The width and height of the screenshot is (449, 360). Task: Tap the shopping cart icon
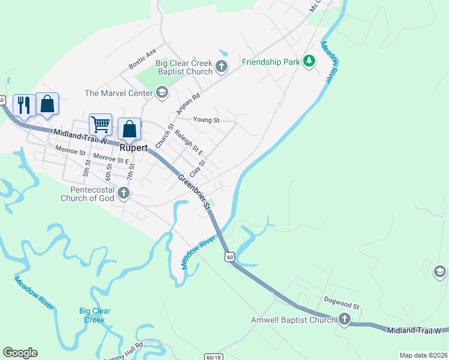pos(100,125)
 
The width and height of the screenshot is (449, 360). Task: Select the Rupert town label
pos(133,147)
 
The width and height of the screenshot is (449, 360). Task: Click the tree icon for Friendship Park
pos(309,61)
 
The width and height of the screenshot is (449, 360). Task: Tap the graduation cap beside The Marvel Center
pos(161,92)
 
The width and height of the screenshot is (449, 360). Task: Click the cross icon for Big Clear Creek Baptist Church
pos(221,67)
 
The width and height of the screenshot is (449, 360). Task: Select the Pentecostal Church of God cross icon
pos(124,193)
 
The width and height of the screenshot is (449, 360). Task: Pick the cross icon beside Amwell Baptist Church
pos(345,320)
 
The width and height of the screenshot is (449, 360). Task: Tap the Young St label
pos(206,120)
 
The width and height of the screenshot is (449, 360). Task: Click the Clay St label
pos(197,169)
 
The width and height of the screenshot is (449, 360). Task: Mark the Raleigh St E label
pos(188,144)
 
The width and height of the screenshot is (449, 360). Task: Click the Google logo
pos(20,353)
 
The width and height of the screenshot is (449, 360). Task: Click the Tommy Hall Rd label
pos(124,349)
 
